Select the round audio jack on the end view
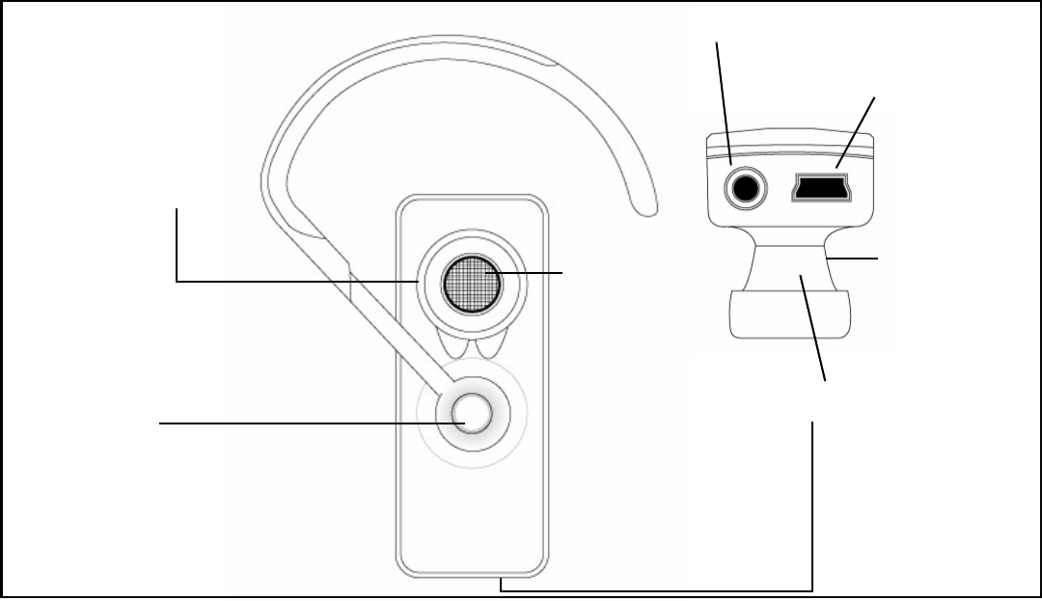[744, 187]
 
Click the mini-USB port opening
[819, 187]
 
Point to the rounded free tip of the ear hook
[644, 205]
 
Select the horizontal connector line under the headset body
[656, 590]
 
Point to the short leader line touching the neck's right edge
[854, 259]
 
